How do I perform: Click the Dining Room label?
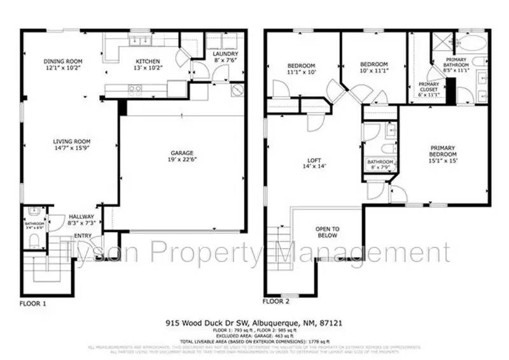click(63, 62)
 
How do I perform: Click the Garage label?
click(181, 153)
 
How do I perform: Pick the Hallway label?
click(81, 217)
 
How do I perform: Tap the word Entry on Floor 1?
click(83, 236)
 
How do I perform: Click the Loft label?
click(312, 160)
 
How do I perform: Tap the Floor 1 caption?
click(33, 303)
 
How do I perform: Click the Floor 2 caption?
click(277, 300)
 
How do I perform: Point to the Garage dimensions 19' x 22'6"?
click(181, 160)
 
